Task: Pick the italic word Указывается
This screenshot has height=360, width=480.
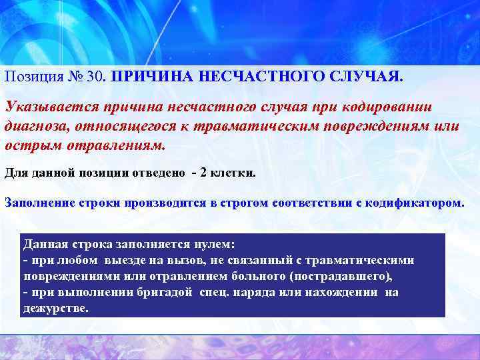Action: tap(43, 108)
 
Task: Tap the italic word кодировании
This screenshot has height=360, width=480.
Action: tap(387, 108)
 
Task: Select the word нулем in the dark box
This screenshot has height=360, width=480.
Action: tap(221, 245)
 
